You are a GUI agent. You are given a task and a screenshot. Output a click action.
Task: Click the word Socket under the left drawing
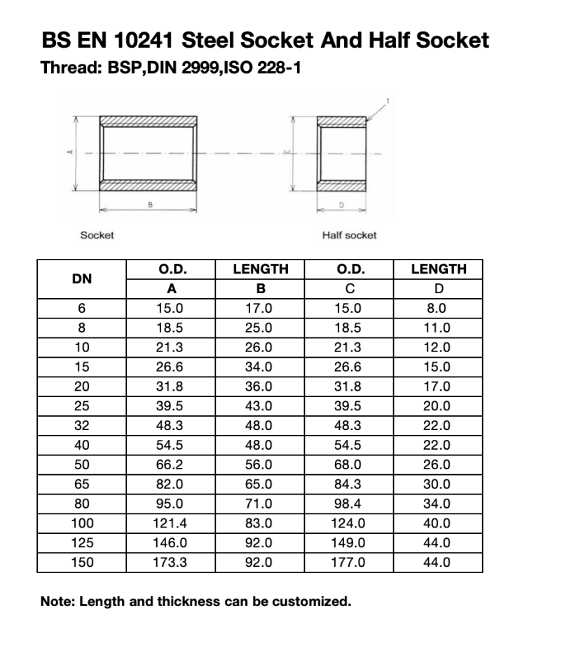[x=97, y=235]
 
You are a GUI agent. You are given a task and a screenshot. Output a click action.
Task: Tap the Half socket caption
[x=349, y=235]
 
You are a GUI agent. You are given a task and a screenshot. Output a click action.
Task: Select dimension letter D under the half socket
[x=341, y=205]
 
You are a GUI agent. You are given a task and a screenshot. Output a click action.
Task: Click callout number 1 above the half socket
[x=388, y=100]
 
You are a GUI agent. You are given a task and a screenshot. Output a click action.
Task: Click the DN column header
[x=82, y=278]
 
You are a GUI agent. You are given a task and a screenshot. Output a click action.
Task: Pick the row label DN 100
[x=82, y=523]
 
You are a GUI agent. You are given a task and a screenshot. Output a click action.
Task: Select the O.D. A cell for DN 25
[x=170, y=405]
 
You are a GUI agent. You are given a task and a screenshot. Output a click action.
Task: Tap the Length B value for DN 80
[x=260, y=503]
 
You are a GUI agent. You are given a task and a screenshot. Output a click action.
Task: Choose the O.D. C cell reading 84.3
[x=349, y=483]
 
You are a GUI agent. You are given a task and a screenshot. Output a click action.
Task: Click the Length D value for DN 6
[x=438, y=307]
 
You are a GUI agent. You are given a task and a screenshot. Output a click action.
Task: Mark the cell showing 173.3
[x=170, y=562]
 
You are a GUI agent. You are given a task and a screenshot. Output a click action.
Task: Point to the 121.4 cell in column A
[x=170, y=523]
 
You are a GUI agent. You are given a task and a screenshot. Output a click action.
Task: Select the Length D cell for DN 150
[x=438, y=562]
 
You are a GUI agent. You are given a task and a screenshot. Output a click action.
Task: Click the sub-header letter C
[x=349, y=288]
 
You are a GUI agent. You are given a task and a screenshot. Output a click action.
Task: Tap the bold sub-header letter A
[x=171, y=288]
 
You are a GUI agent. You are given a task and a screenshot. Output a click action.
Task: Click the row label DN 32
[x=82, y=425]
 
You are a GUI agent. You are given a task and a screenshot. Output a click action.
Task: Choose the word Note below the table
[x=57, y=601]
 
